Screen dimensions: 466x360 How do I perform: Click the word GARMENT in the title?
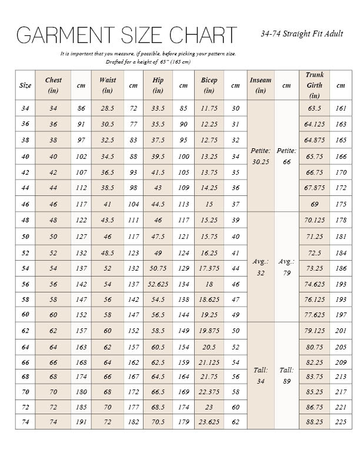[x=56, y=36]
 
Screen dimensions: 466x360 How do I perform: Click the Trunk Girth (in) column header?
[x=314, y=85]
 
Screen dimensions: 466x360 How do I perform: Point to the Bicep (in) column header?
[x=209, y=85]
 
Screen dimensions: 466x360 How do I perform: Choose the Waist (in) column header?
[x=108, y=85]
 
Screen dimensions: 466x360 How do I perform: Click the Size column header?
[x=25, y=85]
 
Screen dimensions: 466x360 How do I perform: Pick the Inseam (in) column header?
[x=261, y=85]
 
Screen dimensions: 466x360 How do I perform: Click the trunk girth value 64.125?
[x=315, y=124]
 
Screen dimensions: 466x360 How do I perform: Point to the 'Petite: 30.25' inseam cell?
[x=261, y=156]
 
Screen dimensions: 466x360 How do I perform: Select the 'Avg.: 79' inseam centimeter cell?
[x=286, y=267]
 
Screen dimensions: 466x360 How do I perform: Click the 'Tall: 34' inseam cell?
[x=261, y=375]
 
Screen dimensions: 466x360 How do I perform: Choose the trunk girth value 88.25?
[x=315, y=422]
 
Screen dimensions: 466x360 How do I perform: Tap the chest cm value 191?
[x=81, y=422]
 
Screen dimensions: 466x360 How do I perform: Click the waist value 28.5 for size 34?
[x=108, y=109]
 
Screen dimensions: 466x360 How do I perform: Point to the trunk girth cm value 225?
[x=341, y=422]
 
